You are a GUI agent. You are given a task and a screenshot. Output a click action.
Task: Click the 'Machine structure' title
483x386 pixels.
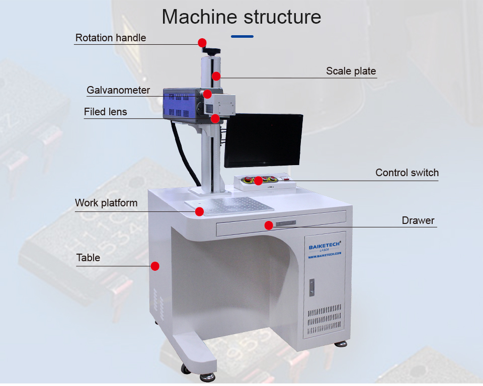click(241, 17)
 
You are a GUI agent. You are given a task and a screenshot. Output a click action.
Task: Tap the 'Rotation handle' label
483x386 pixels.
click(111, 38)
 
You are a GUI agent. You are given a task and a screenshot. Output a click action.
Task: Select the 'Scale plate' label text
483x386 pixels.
click(351, 71)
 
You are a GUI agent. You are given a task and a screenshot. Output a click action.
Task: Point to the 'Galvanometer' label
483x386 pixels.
click(118, 90)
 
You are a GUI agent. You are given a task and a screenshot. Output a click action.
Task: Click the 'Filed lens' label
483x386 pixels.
click(105, 112)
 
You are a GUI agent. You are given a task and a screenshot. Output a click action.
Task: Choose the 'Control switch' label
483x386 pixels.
click(407, 173)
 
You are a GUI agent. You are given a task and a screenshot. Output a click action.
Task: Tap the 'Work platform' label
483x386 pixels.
click(106, 203)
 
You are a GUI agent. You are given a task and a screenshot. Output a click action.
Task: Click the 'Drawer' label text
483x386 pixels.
click(418, 220)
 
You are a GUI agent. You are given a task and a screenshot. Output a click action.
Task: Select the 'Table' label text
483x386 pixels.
click(88, 258)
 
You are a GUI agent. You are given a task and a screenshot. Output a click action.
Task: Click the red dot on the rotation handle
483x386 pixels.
click(202, 42)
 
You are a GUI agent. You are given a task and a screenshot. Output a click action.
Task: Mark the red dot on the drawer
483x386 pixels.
click(269, 225)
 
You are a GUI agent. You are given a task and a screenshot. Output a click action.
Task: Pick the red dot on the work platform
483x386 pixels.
click(199, 211)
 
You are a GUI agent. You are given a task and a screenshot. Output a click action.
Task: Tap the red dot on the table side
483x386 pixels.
click(155, 266)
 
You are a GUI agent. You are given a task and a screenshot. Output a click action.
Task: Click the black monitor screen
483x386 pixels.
click(263, 140)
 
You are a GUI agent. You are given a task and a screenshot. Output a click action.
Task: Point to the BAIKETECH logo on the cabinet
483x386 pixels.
click(325, 246)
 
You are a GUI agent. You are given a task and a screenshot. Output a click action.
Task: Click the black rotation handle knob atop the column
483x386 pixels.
click(212, 50)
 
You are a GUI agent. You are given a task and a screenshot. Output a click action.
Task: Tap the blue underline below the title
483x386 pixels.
click(242, 36)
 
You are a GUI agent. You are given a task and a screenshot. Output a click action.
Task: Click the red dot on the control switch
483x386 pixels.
click(258, 180)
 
